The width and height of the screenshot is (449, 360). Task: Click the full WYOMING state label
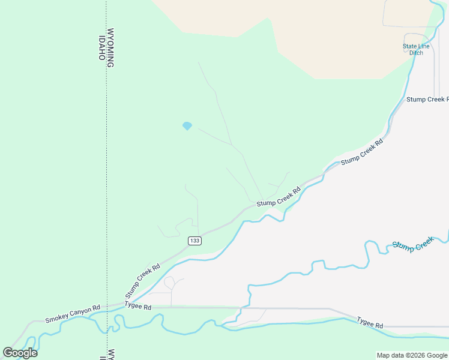coord(110,47)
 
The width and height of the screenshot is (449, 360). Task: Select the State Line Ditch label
coord(416,49)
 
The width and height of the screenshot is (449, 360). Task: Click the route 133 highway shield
coord(194,241)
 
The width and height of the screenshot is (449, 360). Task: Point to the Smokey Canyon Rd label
coord(72,313)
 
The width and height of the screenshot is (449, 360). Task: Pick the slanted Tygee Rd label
coord(370,322)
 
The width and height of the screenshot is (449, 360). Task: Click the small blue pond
coord(187,126)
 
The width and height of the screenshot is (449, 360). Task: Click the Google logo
coord(20,353)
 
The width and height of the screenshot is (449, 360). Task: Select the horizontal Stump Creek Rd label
coord(427,99)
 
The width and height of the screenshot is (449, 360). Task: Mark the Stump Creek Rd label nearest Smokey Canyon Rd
coord(142,281)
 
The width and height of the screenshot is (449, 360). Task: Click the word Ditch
coord(416,53)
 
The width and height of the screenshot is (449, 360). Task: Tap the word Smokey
coord(57,315)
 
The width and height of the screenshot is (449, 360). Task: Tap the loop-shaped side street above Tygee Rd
coord(169,282)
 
